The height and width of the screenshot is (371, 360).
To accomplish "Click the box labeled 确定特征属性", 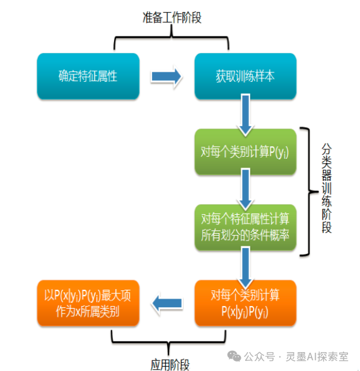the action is (x=88, y=76).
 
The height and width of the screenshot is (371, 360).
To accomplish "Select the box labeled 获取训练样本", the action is (x=245, y=76).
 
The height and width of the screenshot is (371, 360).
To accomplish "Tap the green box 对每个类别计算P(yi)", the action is (x=245, y=152).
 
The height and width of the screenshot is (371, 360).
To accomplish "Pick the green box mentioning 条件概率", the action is (x=245, y=227).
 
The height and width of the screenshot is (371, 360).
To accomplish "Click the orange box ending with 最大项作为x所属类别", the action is (x=88, y=303).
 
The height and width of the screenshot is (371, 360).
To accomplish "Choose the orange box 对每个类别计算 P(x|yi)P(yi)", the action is (x=245, y=303).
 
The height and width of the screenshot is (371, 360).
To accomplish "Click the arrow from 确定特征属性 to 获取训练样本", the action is (x=166, y=77).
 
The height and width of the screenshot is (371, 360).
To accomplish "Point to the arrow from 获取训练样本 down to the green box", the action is (x=245, y=115).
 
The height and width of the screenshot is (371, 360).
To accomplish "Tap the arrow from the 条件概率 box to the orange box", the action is (x=245, y=267).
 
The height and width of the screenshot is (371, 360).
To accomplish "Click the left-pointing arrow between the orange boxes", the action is (x=167, y=303).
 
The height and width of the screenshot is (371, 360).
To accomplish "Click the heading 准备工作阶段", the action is (x=172, y=18).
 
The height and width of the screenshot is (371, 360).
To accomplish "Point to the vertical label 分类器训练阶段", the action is (x=327, y=188).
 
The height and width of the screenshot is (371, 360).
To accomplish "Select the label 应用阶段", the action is (x=170, y=364).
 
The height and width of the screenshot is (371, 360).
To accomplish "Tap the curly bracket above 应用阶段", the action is (x=168, y=342).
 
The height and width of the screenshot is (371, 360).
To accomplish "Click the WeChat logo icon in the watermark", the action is (x=234, y=356).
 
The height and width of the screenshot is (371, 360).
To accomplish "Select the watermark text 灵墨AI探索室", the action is (x=317, y=357).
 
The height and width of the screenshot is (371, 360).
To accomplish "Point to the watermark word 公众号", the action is (x=259, y=357).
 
